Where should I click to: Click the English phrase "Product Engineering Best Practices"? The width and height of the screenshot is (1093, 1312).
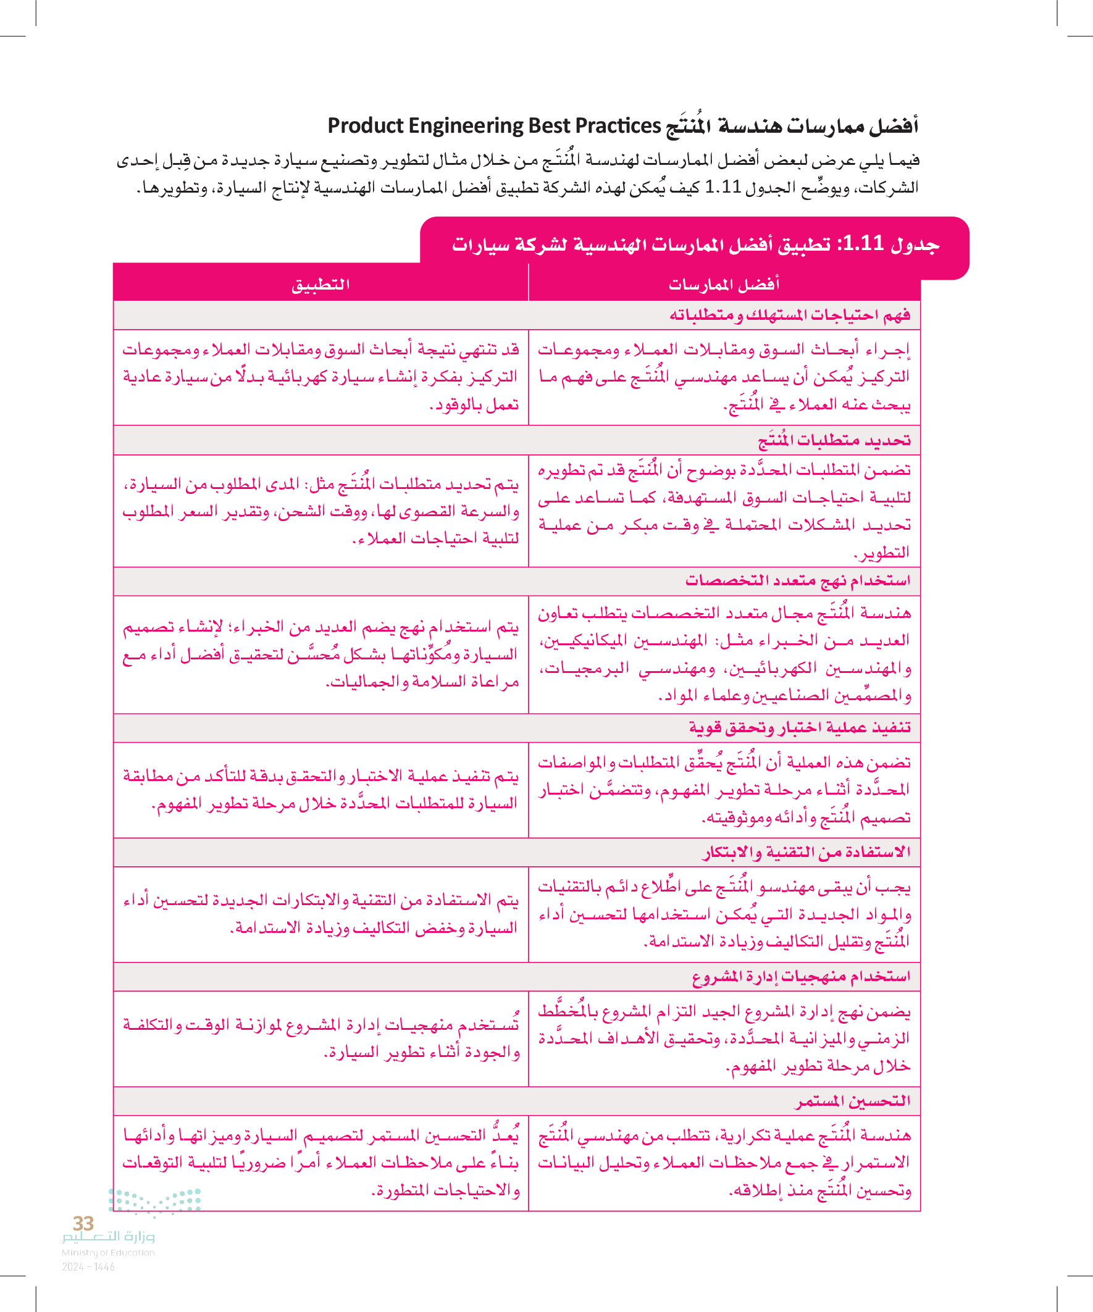[x=493, y=126]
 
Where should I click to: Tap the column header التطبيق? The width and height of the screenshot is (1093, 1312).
[x=320, y=285]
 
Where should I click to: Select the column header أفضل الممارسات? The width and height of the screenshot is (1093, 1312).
[x=724, y=285]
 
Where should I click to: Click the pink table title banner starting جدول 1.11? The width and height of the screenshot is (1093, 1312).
[x=695, y=244]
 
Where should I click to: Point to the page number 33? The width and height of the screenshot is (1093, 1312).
[x=83, y=1223]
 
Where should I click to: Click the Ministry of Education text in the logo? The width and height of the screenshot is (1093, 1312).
[x=107, y=1252]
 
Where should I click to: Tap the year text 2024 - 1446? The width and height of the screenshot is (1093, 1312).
[x=88, y=1267]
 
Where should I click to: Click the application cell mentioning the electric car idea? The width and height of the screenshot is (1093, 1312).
[x=320, y=377]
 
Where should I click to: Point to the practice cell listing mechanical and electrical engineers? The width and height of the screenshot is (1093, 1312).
[x=724, y=654]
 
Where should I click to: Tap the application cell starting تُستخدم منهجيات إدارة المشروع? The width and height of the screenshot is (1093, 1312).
[x=320, y=1038]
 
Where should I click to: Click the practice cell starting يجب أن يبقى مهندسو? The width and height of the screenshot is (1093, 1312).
[x=724, y=914]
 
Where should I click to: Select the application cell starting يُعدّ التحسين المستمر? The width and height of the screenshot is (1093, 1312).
[x=320, y=1163]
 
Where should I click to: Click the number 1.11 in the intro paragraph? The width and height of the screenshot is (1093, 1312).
[x=722, y=187]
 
